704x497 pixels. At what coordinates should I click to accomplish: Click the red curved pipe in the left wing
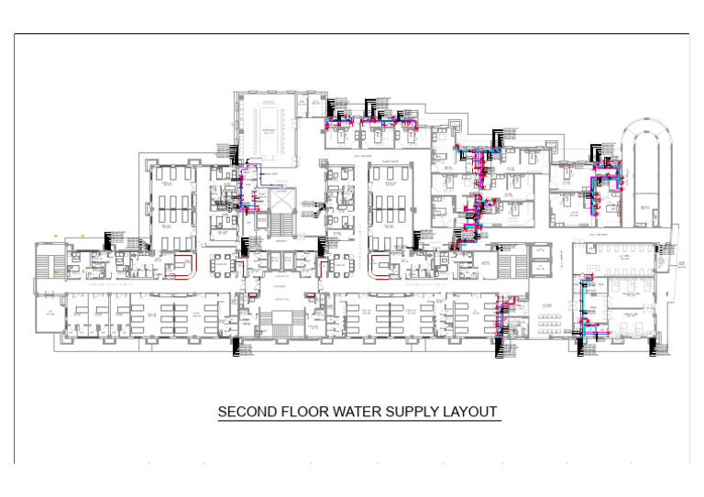[186, 264]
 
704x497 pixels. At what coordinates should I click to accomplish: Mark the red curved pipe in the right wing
[379, 264]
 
